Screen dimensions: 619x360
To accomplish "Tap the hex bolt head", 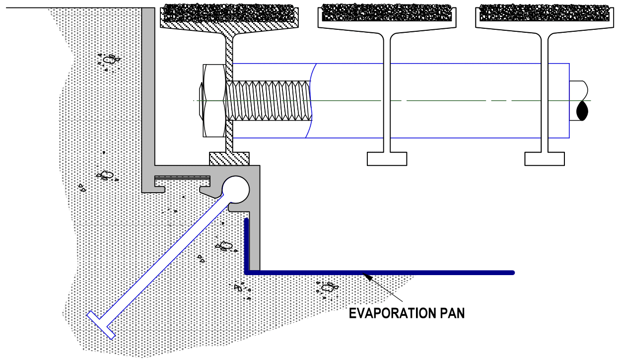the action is (x=212, y=101).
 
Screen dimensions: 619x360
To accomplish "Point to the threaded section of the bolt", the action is (x=269, y=101).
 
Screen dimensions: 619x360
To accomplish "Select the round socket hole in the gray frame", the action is (x=236, y=190).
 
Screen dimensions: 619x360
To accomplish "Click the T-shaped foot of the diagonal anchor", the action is (x=101, y=325).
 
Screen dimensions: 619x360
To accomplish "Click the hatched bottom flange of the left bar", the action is (x=229, y=159).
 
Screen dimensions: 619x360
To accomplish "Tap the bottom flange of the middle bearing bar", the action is (x=387, y=159).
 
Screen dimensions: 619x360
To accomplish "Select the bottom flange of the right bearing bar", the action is (x=545, y=159).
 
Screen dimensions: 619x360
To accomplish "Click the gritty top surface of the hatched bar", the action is (x=229, y=13).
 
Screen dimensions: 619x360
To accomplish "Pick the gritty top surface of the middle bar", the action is (x=387, y=13).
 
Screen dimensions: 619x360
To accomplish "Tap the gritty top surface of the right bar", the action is (x=545, y=13).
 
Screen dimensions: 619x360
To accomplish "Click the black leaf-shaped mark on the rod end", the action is (x=582, y=111).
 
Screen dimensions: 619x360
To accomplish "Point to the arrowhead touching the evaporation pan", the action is (x=367, y=277).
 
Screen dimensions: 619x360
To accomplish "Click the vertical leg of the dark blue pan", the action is (x=247, y=245).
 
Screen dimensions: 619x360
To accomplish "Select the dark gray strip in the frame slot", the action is (x=182, y=178).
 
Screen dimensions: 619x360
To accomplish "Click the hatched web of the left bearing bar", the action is (x=229, y=94).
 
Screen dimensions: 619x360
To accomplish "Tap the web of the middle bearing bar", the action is (x=387, y=94).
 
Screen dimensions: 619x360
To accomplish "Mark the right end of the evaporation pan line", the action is (x=513, y=273).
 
